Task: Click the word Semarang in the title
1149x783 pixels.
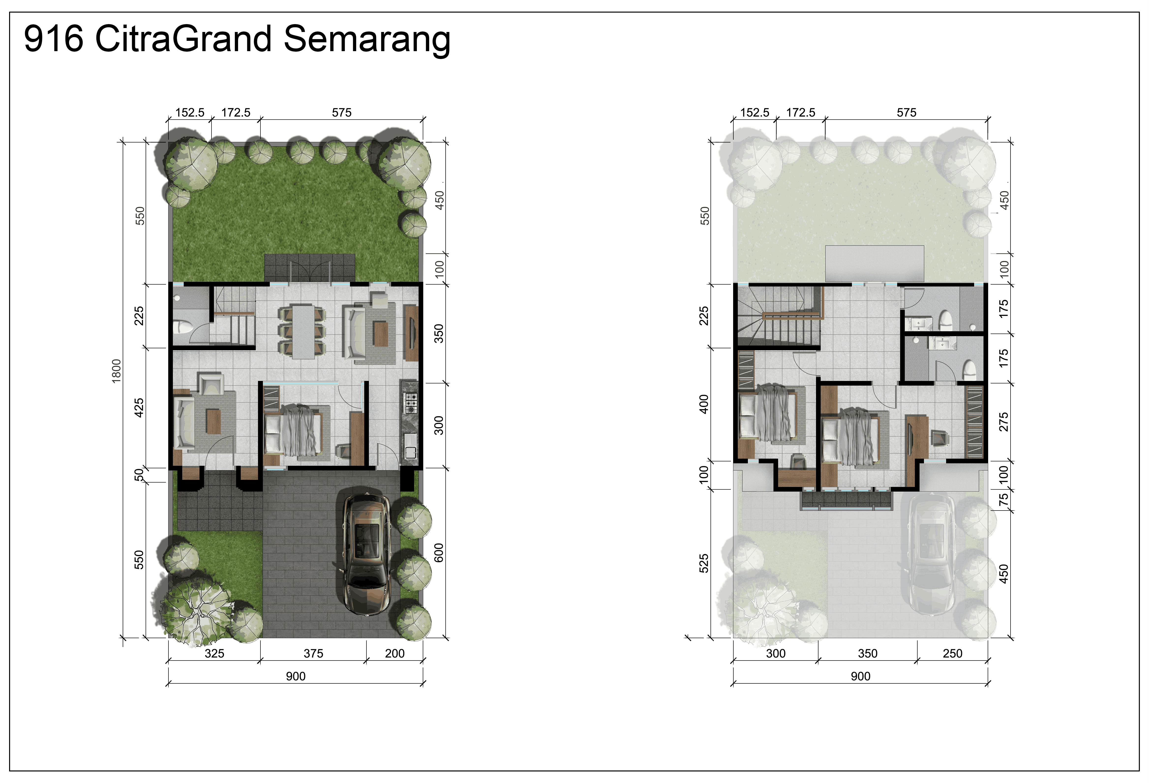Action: click(367, 40)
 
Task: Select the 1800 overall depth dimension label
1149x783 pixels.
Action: click(116, 371)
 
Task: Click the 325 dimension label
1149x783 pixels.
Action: click(214, 653)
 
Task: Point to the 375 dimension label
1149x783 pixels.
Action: click(314, 653)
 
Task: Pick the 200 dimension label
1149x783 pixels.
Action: click(394, 653)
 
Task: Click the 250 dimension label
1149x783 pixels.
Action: click(952, 653)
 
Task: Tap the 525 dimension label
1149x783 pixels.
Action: click(704, 564)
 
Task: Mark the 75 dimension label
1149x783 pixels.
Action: click(1004, 500)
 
